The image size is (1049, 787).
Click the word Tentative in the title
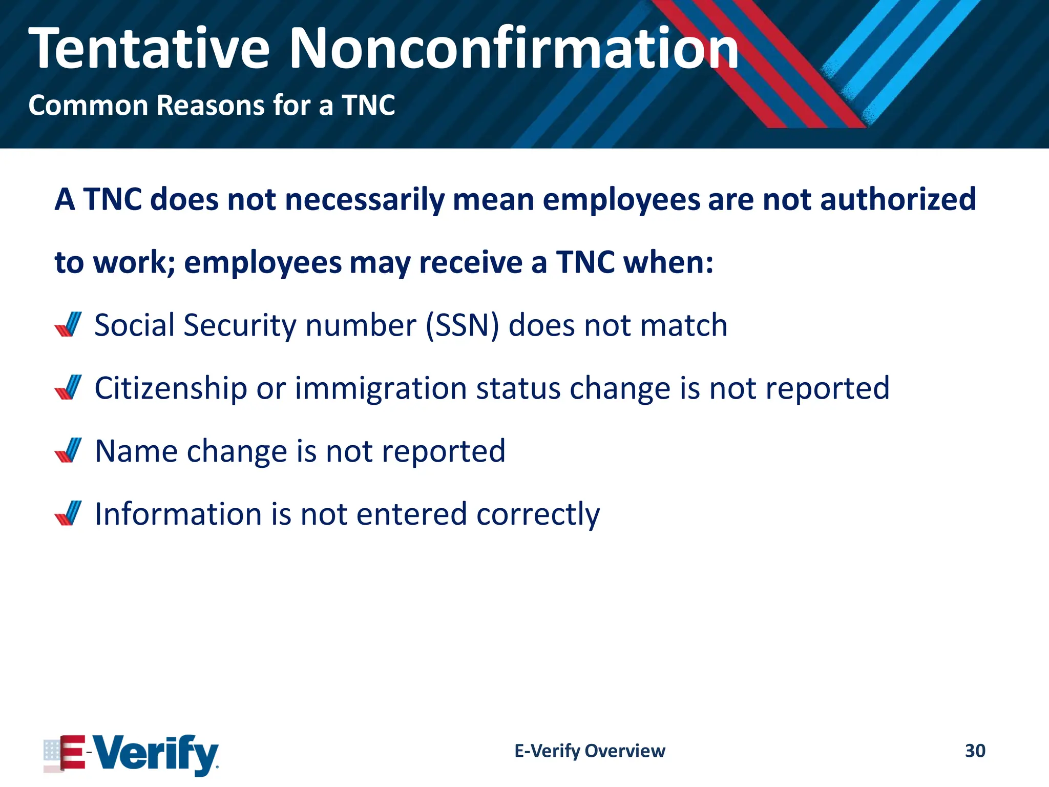point(149,49)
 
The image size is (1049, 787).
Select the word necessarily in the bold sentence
point(365,199)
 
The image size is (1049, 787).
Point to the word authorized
point(898,199)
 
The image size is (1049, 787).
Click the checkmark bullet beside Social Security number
point(68,324)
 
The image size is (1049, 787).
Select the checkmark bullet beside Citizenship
point(68,387)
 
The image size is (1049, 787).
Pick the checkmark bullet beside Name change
point(68,450)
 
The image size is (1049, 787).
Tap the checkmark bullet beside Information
point(68,513)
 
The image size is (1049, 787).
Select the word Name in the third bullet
point(136,451)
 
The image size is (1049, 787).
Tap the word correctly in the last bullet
point(538,515)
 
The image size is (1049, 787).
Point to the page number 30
point(975,751)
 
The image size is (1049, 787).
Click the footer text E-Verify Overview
point(590,751)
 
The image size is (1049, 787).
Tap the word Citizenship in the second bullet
point(171,388)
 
